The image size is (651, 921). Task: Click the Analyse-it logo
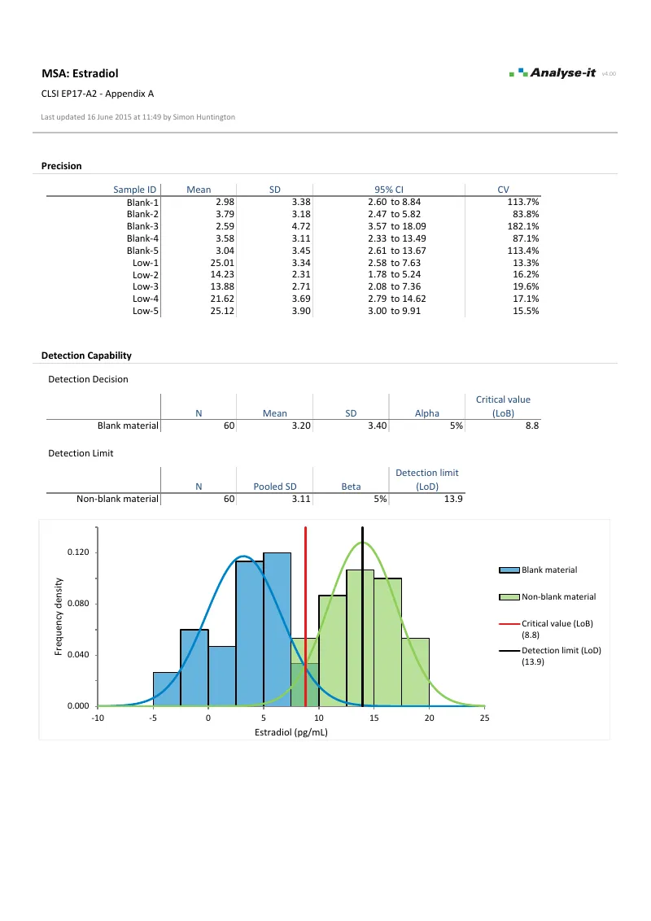[553, 73]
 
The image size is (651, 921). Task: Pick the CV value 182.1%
[524, 226]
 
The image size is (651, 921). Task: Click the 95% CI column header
[389, 190]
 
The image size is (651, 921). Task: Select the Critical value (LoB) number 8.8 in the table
[532, 426]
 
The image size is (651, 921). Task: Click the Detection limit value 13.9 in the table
[453, 499]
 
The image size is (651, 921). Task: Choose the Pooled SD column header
[274, 487]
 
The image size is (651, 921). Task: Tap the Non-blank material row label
[117, 499]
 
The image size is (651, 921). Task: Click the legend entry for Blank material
[548, 570]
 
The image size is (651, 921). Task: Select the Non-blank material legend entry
[558, 596]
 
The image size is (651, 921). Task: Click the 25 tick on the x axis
[484, 718]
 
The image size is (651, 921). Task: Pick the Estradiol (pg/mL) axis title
[291, 732]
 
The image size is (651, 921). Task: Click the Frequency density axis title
[59, 616]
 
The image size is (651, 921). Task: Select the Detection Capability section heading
[86, 356]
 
